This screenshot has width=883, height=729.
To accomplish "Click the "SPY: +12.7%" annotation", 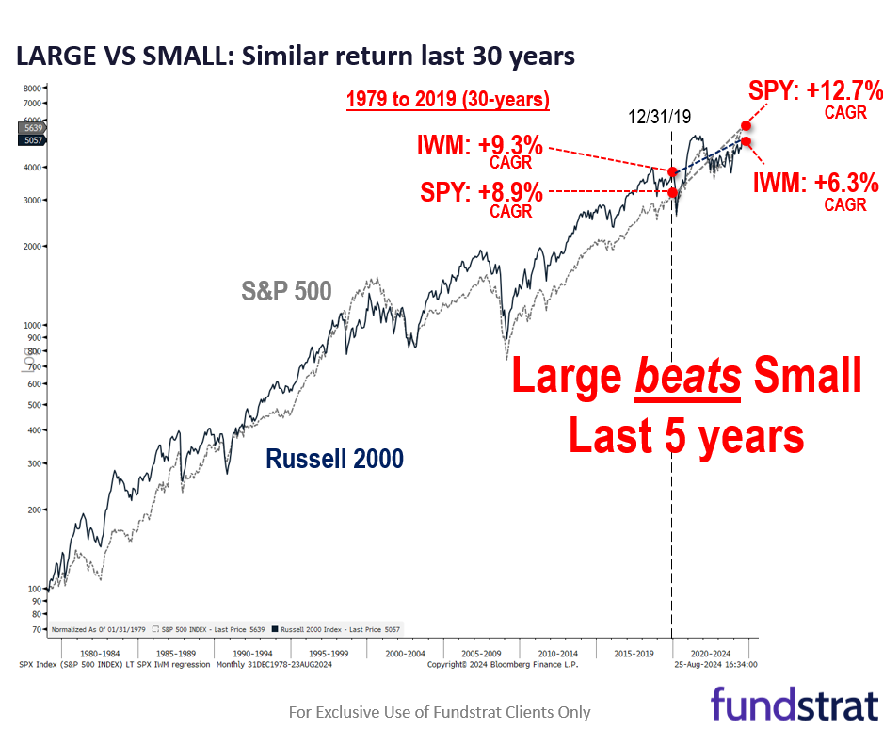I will point(815,92).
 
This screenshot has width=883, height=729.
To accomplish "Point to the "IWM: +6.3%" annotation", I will point(816,182).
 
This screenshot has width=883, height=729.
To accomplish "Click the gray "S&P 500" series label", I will point(286,292).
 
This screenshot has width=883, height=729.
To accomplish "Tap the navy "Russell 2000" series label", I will point(334,459).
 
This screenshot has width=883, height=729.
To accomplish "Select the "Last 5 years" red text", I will point(685,435).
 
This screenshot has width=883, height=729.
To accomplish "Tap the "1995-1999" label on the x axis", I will point(329,653).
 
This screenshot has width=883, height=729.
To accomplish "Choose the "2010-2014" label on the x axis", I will point(557,653).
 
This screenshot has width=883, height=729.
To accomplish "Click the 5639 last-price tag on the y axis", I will point(31,127).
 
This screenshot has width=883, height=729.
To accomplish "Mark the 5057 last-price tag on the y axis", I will point(31,140).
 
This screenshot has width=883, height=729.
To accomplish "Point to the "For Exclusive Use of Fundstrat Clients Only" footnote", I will point(440,712).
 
